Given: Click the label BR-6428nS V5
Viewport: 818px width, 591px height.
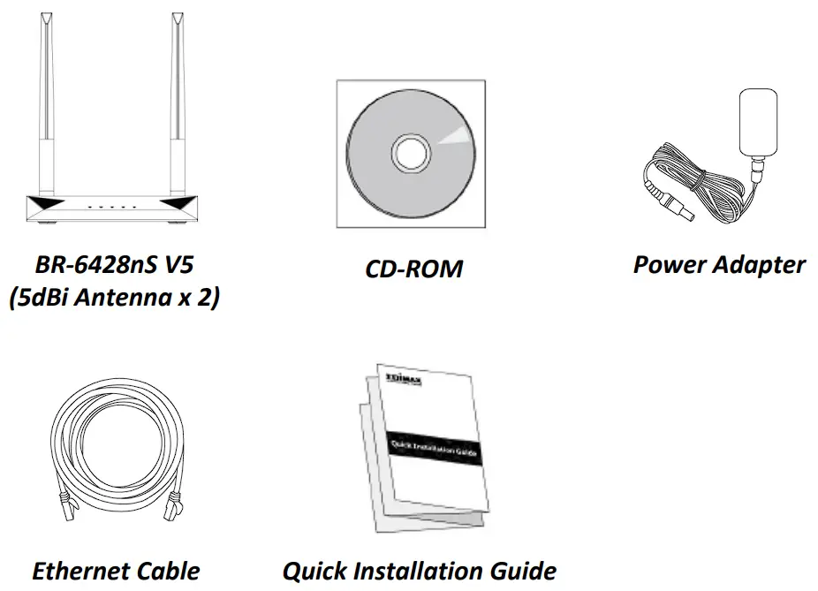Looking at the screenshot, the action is pos(113,264).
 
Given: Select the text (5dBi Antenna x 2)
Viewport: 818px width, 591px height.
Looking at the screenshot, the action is pos(113,299).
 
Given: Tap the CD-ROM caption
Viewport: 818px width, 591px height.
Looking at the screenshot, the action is pos(413,269).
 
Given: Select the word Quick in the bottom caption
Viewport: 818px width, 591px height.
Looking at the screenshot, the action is pos(314,571).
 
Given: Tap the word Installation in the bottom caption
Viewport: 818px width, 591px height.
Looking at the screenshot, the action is pos(419,571).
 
